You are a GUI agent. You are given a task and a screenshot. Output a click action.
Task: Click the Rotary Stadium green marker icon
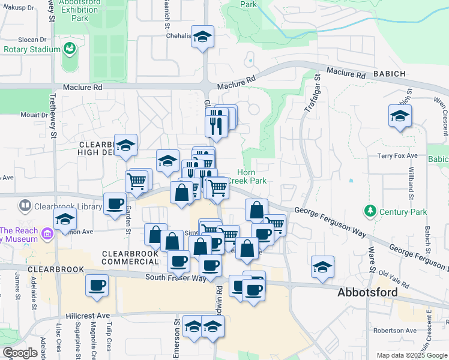coord(70,48)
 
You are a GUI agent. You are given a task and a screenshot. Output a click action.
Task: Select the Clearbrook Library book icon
coord(25,206)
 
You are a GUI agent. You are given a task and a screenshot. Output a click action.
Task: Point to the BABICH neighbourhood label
coord(388,74)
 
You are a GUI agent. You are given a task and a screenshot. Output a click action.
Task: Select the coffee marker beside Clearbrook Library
coord(115,203)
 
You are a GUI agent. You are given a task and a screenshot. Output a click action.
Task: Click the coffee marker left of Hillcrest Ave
coord(97,286)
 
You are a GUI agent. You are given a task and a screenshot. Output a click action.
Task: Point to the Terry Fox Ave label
coord(397,155)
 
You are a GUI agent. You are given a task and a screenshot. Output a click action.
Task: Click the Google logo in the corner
coord(20,353)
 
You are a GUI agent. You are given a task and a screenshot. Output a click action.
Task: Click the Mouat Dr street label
coord(34,115)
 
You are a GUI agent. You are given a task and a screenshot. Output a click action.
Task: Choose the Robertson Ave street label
coord(394,331)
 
